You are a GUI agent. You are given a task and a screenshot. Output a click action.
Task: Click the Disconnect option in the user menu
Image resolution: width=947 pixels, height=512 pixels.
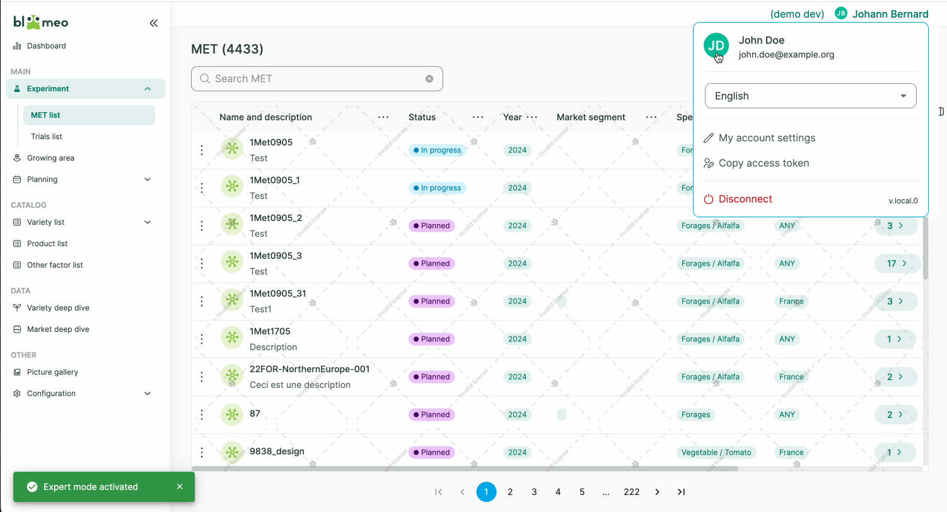pos(745,199)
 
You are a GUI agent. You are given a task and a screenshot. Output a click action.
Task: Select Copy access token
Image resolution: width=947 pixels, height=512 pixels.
pos(763,163)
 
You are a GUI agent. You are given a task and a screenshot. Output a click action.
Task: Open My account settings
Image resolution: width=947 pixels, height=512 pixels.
pos(766,138)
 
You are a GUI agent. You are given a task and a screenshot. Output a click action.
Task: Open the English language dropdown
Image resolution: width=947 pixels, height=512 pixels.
pos(810,96)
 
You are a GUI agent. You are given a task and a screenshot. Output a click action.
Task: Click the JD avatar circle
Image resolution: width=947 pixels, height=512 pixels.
pos(716,45)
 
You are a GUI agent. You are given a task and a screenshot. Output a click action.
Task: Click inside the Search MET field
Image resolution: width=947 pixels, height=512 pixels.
pos(315,79)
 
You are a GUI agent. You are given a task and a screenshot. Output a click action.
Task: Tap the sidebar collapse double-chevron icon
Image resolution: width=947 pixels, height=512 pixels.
pos(154,23)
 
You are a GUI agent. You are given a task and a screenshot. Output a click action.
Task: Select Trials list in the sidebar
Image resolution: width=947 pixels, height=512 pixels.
pos(47,137)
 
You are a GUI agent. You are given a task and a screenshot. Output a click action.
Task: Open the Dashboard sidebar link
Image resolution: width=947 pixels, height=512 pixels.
pos(46,46)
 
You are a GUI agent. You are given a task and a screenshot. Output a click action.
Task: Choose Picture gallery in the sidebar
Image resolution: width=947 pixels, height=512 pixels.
pos(52,372)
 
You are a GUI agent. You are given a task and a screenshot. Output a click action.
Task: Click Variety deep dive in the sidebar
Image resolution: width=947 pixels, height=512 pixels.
pos(58,308)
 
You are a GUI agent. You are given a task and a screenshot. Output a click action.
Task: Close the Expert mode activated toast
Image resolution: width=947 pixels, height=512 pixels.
pos(180,487)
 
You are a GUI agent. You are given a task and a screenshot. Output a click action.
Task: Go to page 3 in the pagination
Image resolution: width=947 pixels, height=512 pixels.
pos(534,492)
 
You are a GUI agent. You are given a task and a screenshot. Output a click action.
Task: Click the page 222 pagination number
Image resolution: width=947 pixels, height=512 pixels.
pos(632,492)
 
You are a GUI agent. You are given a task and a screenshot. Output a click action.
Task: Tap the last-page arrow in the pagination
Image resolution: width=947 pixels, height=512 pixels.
pos(681,492)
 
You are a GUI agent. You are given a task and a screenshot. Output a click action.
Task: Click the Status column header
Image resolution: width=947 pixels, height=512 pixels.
pos(422,117)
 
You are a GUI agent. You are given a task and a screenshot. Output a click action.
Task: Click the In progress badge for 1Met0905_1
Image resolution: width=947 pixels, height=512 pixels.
pos(437,188)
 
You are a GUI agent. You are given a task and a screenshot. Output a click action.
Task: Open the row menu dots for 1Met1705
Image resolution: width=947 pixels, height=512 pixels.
pos(202,339)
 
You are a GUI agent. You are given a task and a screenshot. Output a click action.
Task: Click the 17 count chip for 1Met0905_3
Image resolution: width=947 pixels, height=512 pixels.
pos(896,263)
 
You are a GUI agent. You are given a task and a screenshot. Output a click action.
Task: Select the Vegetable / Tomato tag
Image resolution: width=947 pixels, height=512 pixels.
pos(716,452)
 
